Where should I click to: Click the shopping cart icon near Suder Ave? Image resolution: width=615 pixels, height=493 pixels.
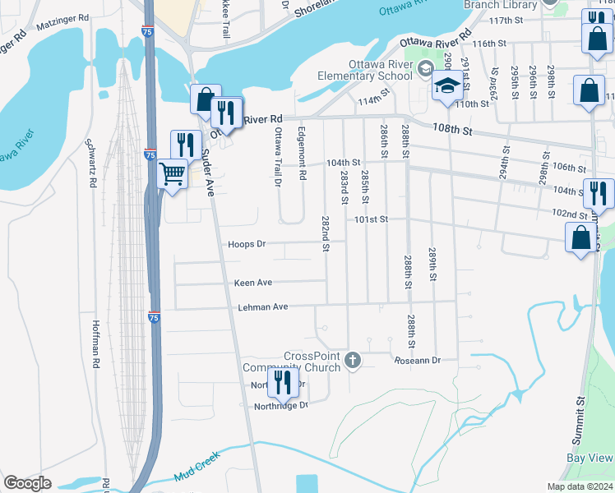tap(173, 173)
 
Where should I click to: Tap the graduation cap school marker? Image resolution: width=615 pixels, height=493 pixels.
tap(447, 85)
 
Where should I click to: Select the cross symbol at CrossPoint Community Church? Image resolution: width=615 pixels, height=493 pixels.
tap(353, 359)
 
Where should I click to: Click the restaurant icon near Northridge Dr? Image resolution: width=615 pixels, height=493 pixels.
tap(284, 382)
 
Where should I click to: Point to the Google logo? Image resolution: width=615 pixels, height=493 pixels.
tap(27, 483)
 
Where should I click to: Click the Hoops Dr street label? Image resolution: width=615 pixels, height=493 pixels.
tap(248, 244)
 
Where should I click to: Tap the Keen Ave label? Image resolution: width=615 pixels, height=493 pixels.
tap(252, 283)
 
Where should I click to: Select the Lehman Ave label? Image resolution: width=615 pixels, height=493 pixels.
tap(264, 306)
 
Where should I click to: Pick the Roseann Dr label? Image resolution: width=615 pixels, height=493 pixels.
tap(418, 361)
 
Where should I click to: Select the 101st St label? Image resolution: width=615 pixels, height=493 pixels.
tap(371, 220)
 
